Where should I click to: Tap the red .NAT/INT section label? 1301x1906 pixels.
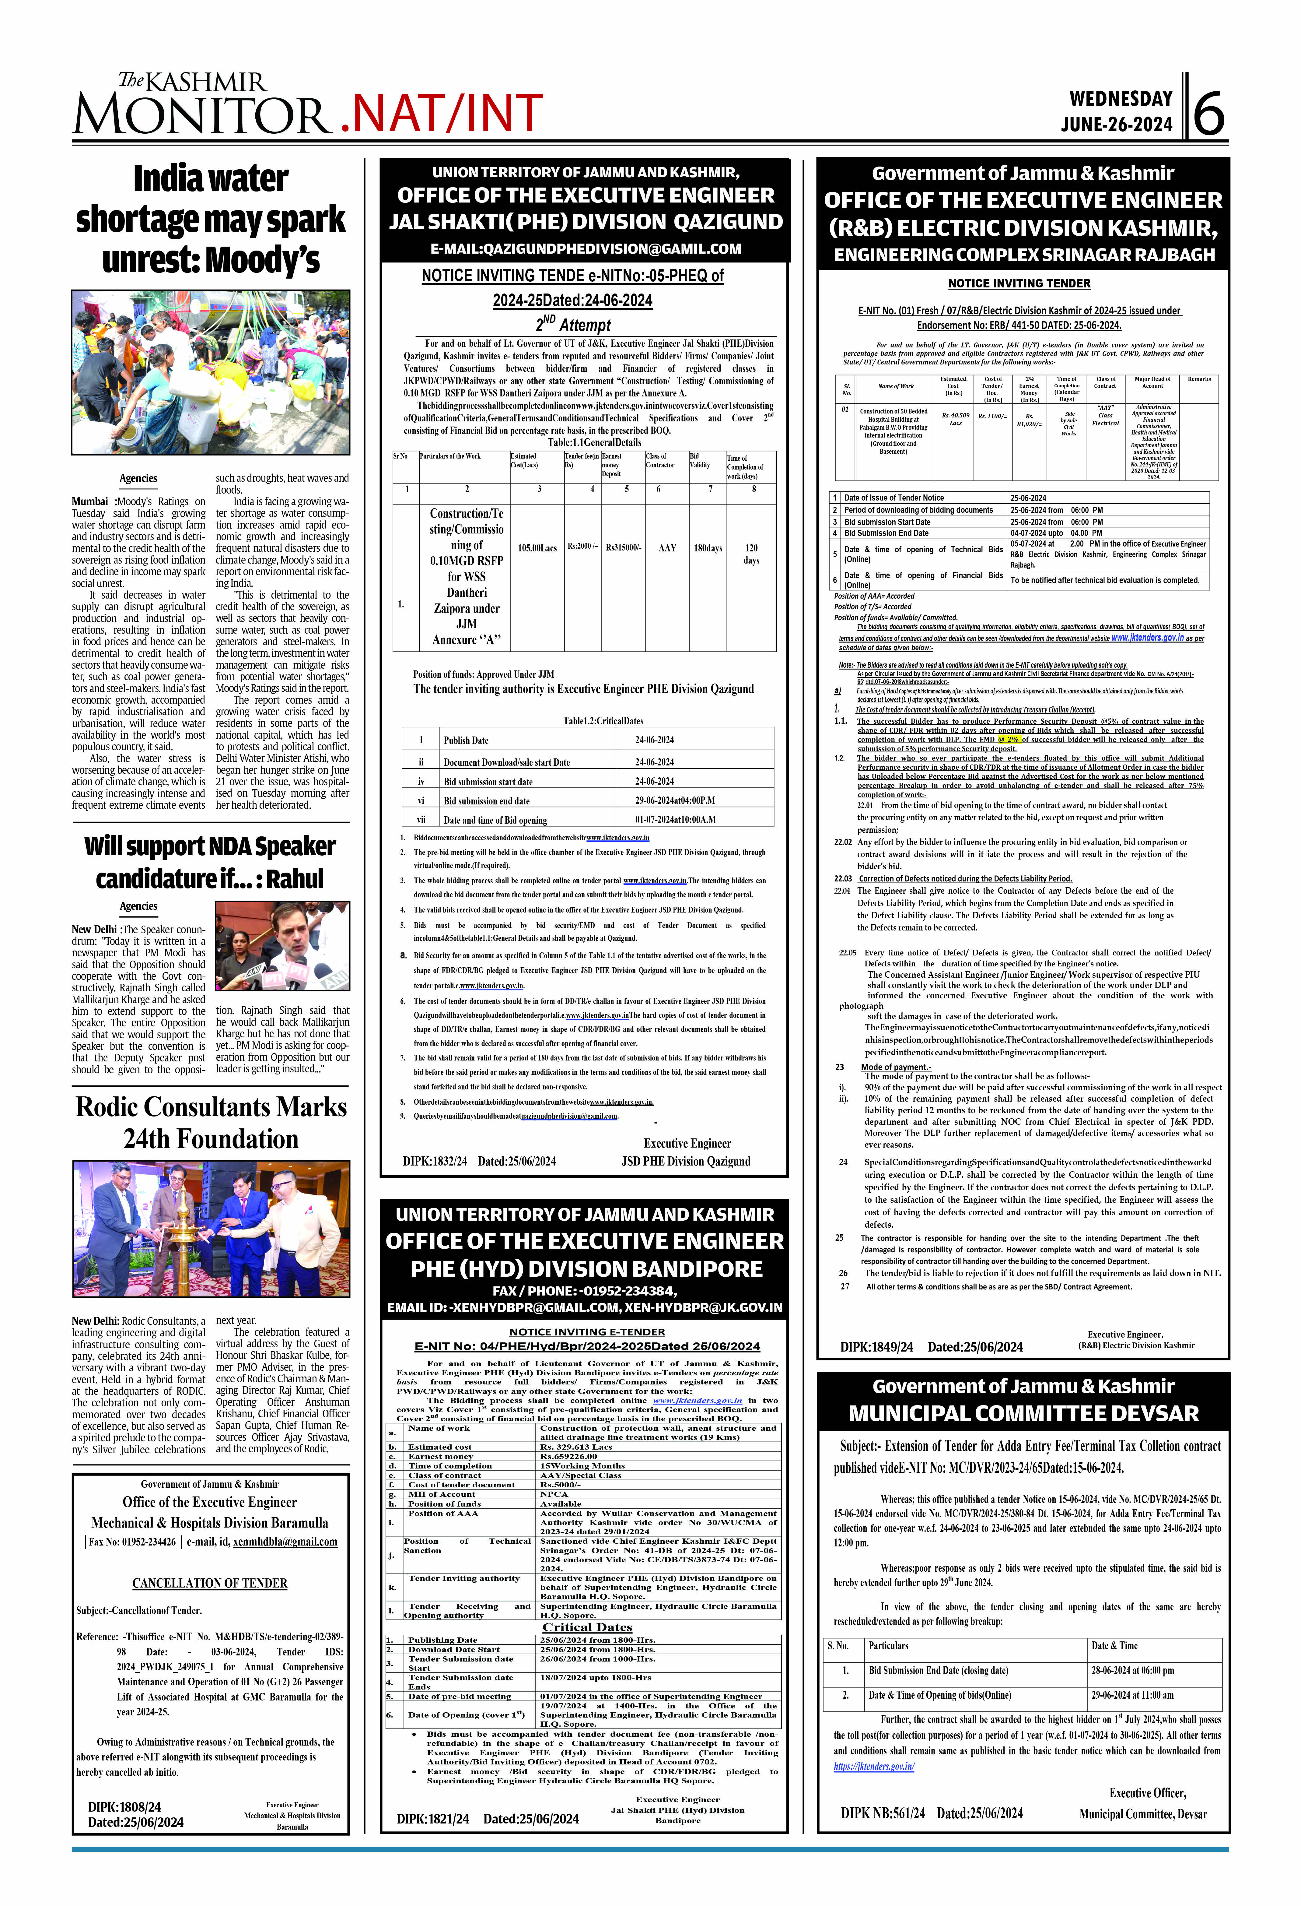click(x=441, y=113)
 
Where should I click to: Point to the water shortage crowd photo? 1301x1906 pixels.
click(x=211, y=371)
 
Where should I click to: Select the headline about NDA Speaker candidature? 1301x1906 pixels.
click(x=211, y=862)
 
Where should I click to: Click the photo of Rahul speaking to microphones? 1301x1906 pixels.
click(x=282, y=946)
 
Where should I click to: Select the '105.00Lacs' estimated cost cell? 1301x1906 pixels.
click(x=537, y=548)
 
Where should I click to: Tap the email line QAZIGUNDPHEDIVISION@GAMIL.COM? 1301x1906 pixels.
click(x=585, y=248)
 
